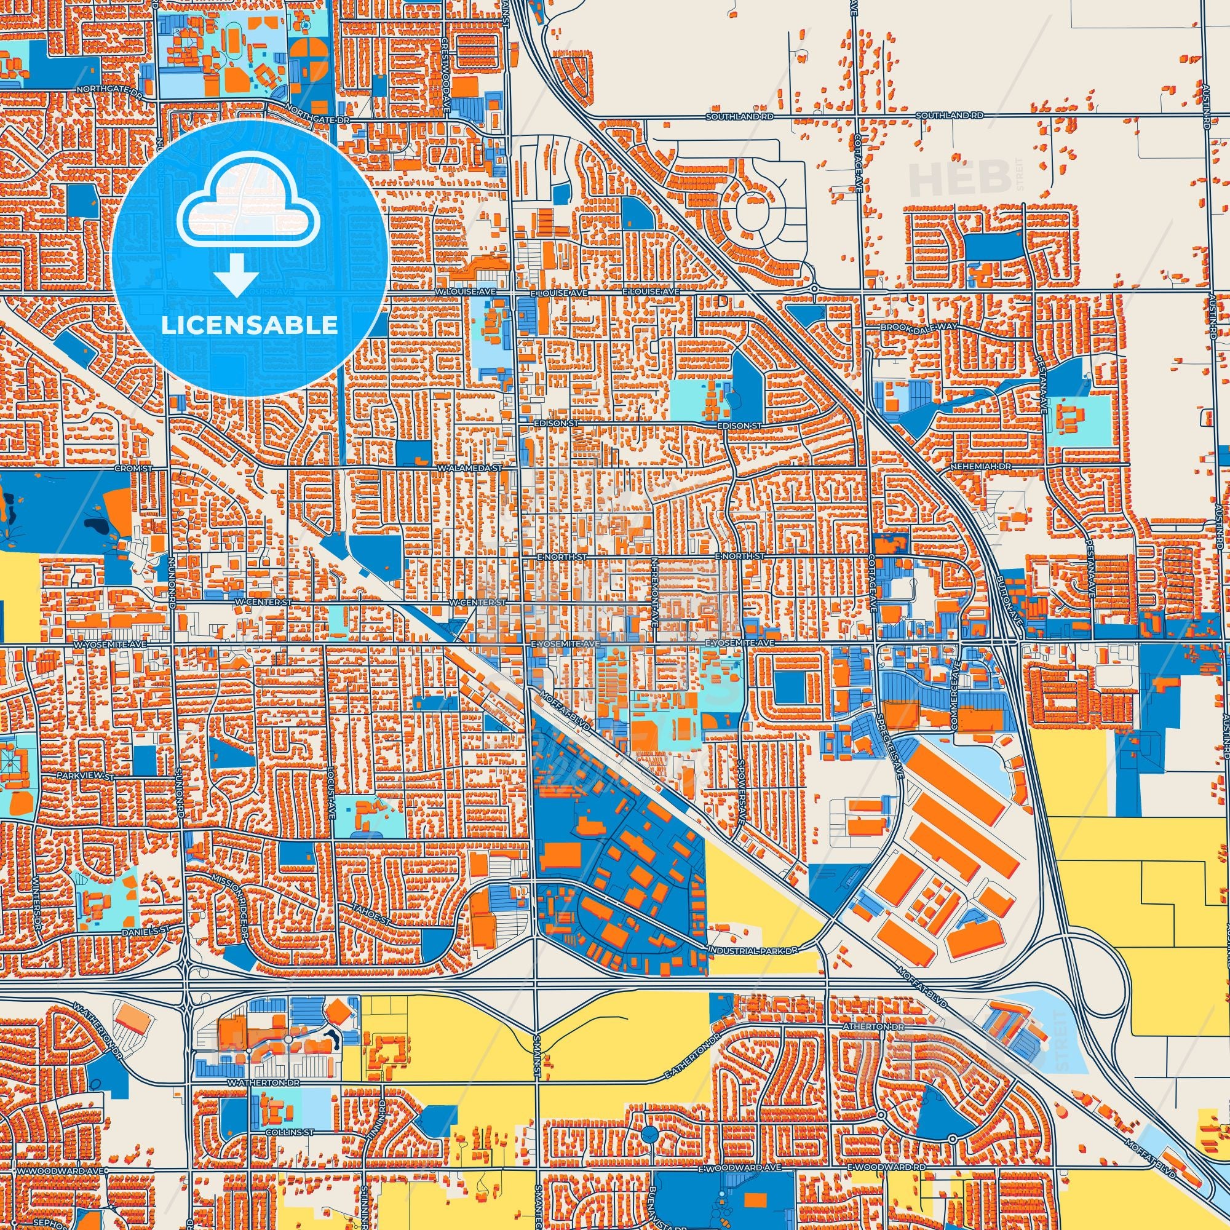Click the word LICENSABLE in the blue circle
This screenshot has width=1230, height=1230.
[x=249, y=325]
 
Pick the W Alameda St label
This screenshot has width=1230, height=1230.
[x=470, y=468]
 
